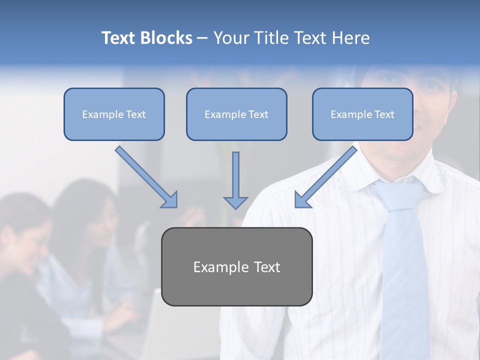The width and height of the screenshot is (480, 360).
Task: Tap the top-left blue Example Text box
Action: tap(114, 114)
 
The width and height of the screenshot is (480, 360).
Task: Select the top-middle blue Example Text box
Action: tap(236, 114)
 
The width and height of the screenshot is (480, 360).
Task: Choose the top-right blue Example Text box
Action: tap(362, 114)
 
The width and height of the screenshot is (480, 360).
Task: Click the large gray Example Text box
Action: tap(236, 267)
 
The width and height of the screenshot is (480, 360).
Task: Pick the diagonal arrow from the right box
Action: tap(325, 177)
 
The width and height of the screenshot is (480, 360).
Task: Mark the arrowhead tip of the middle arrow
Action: tap(235, 208)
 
